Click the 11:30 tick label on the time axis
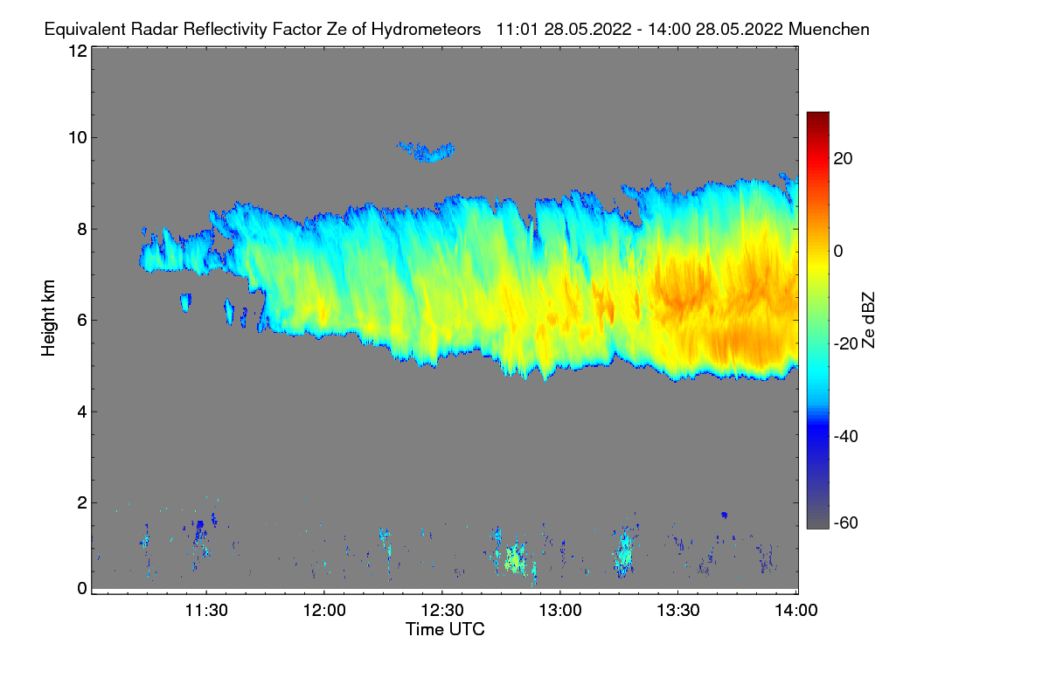pyautogui.click(x=206, y=612)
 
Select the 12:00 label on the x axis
pyautogui.click(x=324, y=612)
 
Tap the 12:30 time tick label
pyautogui.click(x=442, y=612)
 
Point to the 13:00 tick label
pyautogui.click(x=560, y=612)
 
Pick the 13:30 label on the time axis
pyautogui.click(x=678, y=612)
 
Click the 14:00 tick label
pyautogui.click(x=795, y=612)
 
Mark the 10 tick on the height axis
pyautogui.click(x=78, y=137)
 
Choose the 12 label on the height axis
pyautogui.click(x=78, y=51)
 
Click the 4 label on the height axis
pyautogui.click(x=82, y=412)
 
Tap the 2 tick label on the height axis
pyautogui.click(x=82, y=502)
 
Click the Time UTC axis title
pyautogui.click(x=445, y=629)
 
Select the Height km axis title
pyautogui.click(x=49, y=318)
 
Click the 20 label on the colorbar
pyautogui.click(x=844, y=158)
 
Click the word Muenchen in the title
pyautogui.click(x=829, y=29)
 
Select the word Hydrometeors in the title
pyautogui.click(x=426, y=29)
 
